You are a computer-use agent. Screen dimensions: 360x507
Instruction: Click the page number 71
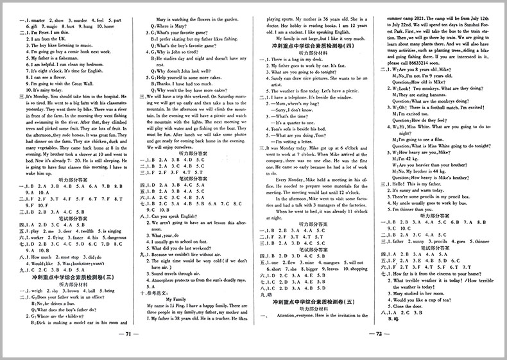[128, 352]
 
